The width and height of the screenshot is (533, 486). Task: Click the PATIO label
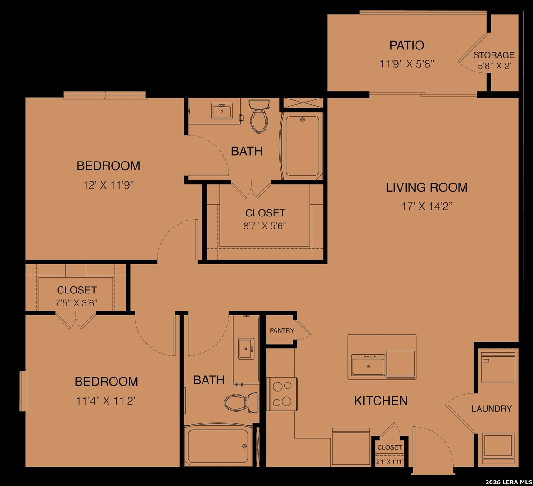coord(407,45)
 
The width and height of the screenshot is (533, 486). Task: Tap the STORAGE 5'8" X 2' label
coord(494,60)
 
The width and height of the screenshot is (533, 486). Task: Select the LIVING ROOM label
coord(427,187)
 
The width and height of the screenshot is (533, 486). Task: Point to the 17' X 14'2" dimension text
coord(427,206)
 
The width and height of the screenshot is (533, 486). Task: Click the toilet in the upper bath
coord(259,116)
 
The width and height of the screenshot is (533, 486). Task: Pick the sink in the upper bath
coord(222,111)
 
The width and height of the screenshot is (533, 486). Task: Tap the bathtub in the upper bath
coord(302,146)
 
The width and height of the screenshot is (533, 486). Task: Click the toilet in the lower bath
coord(241,402)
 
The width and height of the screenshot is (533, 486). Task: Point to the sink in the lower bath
coord(246,349)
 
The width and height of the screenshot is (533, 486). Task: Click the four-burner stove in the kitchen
coord(282,394)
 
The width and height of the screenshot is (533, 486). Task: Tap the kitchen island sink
coord(368,365)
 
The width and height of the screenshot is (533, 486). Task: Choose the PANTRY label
coord(282,330)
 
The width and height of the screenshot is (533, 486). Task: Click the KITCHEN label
coord(381,401)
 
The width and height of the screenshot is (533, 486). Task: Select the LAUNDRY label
coord(492,409)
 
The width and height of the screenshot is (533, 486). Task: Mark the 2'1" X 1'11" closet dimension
coord(390,462)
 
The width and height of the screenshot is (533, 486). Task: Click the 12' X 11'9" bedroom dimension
coord(108,185)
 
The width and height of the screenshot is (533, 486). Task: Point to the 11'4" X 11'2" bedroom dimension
coord(106,401)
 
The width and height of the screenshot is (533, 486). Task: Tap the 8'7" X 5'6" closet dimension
coord(264,226)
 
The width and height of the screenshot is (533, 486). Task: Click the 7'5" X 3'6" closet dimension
coord(77,303)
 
